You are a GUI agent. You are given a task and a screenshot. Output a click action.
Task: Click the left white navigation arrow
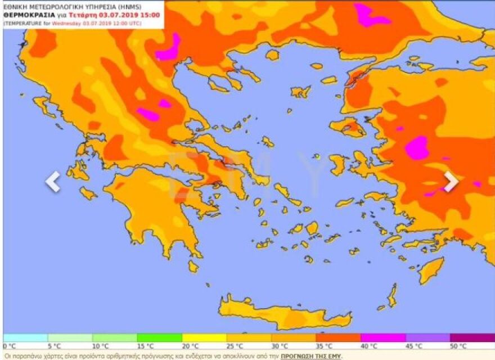click(x=52, y=182)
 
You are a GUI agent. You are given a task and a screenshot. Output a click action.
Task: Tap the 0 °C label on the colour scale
click(x=10, y=346)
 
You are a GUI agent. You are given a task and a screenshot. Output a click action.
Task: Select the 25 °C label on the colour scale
click(x=235, y=346)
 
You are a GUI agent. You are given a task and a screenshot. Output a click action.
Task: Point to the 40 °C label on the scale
click(x=370, y=346)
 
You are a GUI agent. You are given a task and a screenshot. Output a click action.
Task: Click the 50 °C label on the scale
click(x=458, y=346)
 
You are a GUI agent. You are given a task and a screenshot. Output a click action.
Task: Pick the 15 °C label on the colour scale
click(x=145, y=346)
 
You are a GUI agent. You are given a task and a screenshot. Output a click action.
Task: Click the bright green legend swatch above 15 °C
click(x=159, y=337)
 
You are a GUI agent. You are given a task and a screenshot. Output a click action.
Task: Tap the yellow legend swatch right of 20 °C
click(x=204, y=337)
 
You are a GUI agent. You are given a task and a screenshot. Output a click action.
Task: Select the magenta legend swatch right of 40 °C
click(x=382, y=337)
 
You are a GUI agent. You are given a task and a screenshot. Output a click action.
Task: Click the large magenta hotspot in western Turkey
click(x=416, y=147)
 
